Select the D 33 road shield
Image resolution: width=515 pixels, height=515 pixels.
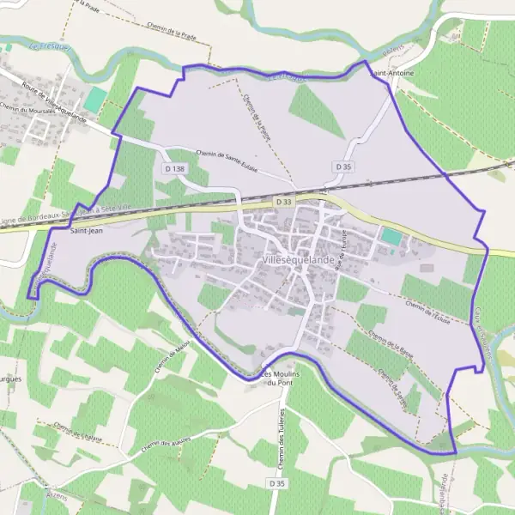coord(285,201)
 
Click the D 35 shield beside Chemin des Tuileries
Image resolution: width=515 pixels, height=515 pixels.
coord(276,484)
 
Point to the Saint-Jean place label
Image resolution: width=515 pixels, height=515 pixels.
coord(86,230)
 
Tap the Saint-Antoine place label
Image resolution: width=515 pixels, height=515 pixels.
coord(391,74)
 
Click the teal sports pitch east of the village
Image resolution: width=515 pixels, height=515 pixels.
coord(391,235)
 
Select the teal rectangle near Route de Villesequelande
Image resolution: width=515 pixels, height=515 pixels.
coord(96,98)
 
